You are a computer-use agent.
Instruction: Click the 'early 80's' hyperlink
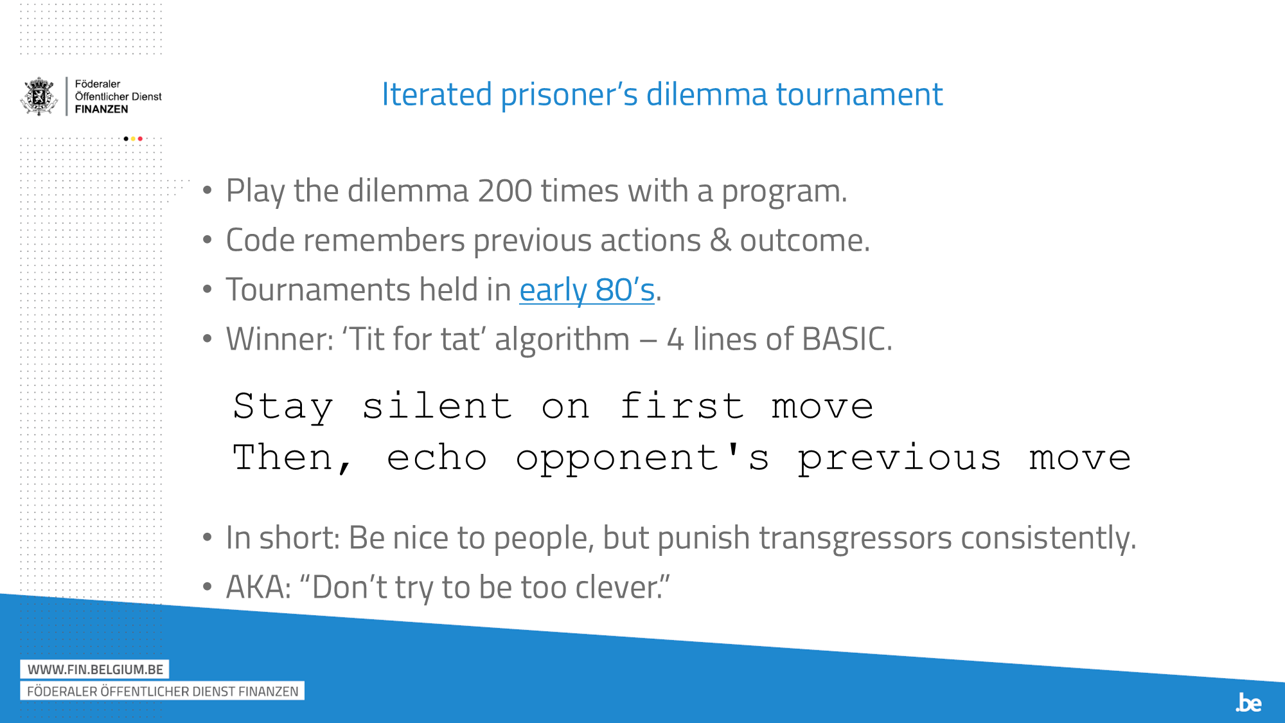(587, 290)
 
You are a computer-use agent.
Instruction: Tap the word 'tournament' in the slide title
(859, 94)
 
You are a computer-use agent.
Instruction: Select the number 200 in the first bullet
(504, 191)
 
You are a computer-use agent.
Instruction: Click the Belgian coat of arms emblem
(39, 96)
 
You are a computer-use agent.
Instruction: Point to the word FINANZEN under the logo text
(102, 109)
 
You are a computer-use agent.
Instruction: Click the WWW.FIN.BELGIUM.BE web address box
(95, 669)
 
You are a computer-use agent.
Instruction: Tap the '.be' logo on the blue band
(1248, 702)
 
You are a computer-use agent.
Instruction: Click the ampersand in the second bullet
(720, 240)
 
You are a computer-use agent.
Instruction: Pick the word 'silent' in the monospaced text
(437, 406)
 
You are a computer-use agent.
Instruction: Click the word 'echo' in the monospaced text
(437, 458)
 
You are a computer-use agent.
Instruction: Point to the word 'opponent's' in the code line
(642, 459)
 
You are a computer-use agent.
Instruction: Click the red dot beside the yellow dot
(140, 139)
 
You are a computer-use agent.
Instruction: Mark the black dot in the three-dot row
(126, 139)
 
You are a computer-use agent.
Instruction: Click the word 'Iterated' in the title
(436, 94)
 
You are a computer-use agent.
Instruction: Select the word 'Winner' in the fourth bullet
(276, 339)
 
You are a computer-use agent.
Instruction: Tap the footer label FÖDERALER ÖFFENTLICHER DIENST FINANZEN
(163, 692)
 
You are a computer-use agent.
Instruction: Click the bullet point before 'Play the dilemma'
(207, 190)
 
